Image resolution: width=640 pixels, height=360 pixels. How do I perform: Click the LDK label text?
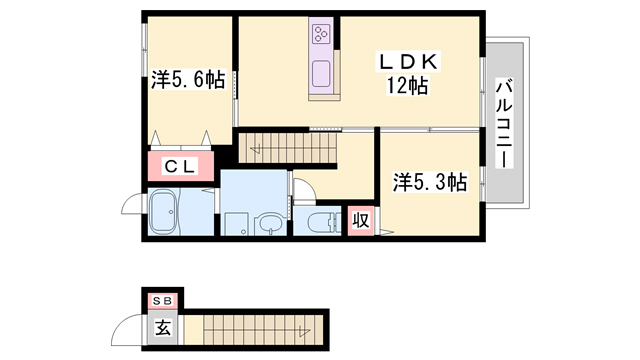(x=407, y=63)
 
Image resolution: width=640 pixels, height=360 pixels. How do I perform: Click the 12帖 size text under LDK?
(x=407, y=86)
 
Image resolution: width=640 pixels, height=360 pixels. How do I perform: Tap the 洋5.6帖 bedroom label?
(x=188, y=80)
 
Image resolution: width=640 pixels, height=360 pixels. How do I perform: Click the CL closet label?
(x=180, y=167)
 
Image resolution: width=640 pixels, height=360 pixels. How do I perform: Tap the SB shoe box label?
(x=161, y=300)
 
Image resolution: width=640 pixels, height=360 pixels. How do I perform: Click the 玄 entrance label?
(x=161, y=324)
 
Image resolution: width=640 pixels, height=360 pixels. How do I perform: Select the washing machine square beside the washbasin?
(x=235, y=223)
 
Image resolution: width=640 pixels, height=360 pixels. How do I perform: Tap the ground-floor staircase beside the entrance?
(x=256, y=326)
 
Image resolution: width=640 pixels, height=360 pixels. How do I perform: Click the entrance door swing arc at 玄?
(x=127, y=328)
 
